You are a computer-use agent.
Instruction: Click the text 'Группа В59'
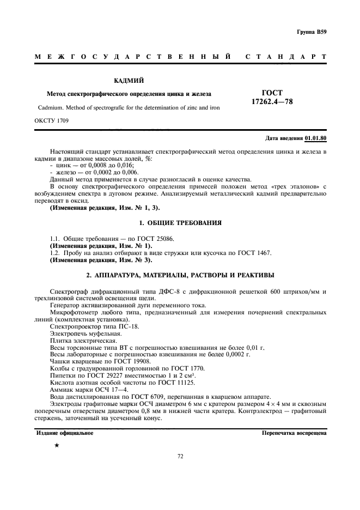click(312, 32)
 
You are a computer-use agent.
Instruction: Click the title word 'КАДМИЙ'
click(129, 81)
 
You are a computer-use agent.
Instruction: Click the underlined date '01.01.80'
click(315, 138)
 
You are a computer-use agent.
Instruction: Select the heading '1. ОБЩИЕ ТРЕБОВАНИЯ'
click(180, 224)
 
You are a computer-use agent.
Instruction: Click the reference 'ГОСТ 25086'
click(158, 239)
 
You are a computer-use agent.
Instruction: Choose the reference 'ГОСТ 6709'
click(133, 397)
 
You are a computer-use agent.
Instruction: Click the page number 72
click(180, 457)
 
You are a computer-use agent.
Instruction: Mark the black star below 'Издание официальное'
click(57, 445)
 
